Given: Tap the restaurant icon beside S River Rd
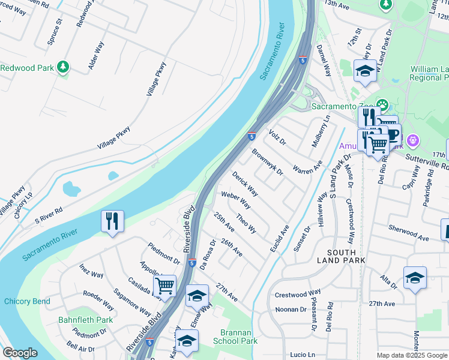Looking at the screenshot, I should [112, 221].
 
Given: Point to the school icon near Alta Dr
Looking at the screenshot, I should [415, 277].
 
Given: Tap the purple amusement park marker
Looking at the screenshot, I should [412, 141].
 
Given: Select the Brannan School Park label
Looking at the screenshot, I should [235, 336].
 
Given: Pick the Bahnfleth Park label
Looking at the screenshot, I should [86, 320].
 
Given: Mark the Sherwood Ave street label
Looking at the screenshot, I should [409, 233].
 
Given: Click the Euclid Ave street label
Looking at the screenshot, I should [280, 238].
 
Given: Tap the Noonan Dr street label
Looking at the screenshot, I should [291, 309].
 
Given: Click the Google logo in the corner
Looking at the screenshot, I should [20, 353].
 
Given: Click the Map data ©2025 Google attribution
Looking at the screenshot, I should [412, 355].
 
